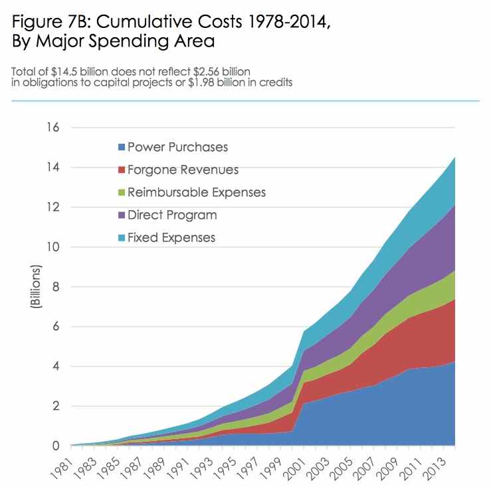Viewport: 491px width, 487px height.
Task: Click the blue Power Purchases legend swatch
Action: click(x=122, y=147)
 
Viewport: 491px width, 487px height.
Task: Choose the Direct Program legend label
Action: click(x=171, y=215)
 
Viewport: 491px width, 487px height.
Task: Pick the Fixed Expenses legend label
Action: click(x=171, y=238)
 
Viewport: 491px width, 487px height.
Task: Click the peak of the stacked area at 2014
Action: click(x=454, y=157)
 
